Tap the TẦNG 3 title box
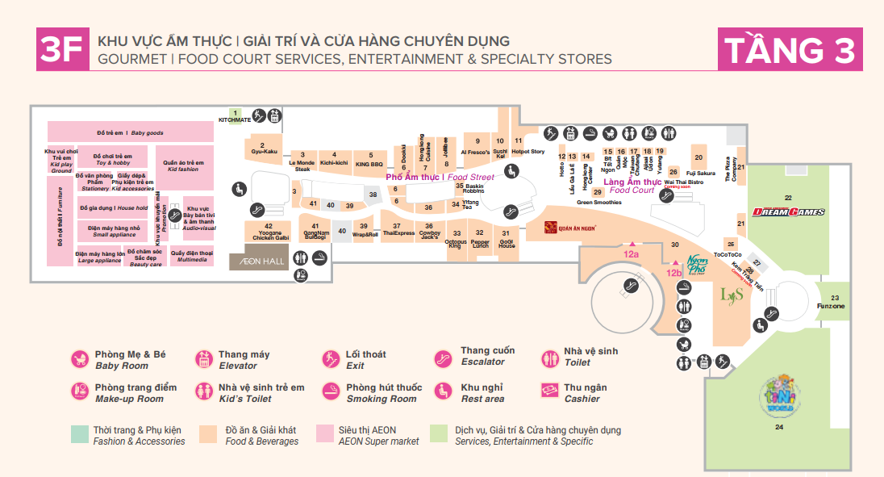789,49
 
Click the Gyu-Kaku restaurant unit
264,148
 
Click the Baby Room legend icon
79,359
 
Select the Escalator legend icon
443,359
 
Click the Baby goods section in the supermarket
129,132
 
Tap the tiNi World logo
778,394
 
